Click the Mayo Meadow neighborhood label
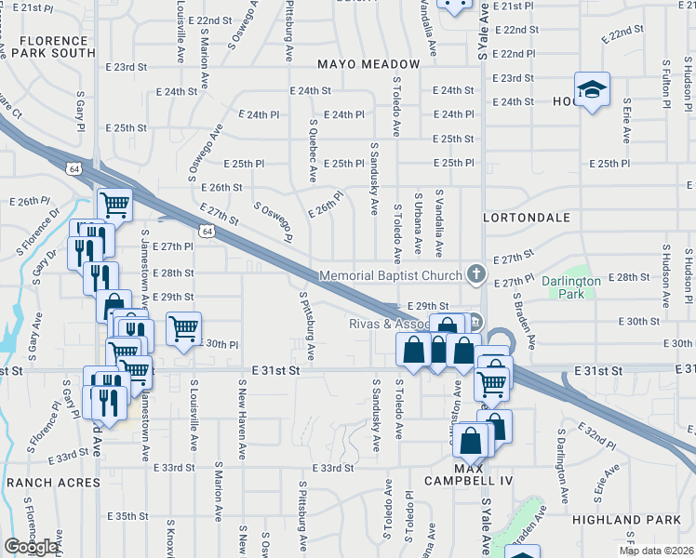368,64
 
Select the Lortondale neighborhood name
527,217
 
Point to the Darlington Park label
571,287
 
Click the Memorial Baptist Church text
391,275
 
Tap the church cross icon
476,274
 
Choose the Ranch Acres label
52,483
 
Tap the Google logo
32,546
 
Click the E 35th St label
127,516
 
